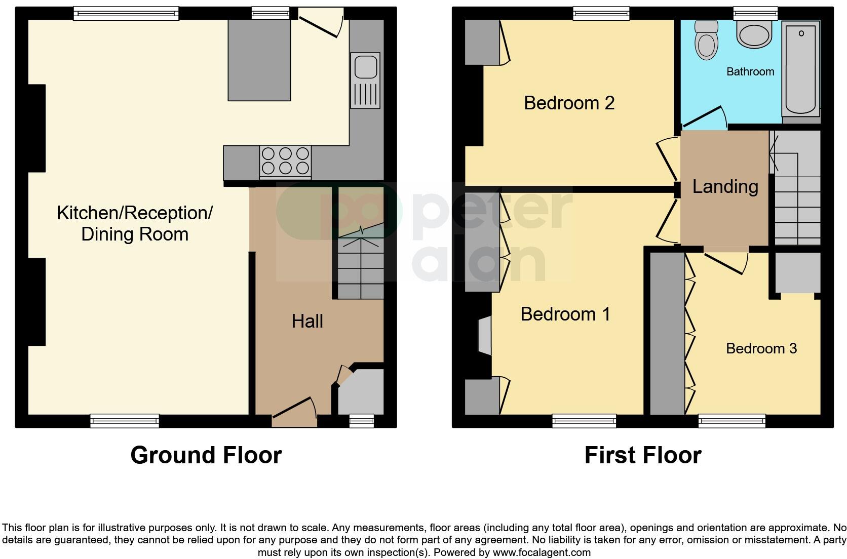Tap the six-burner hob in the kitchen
click(285, 161)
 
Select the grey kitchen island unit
click(259, 60)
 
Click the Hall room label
click(307, 321)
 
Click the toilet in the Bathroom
click(706, 41)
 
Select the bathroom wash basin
click(755, 34)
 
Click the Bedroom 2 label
click(569, 103)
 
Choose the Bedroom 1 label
click(565, 314)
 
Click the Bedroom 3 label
click(761, 348)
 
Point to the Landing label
click(725, 186)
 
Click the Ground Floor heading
click(206, 455)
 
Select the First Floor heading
click(642, 455)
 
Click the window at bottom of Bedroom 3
click(731, 420)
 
